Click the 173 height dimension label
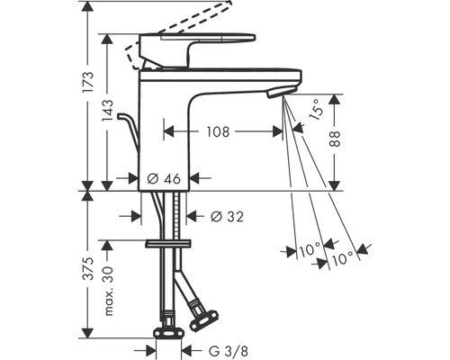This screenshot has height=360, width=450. (89, 82)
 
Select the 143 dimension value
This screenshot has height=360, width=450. (107, 112)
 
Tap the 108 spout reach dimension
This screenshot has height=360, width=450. (218, 131)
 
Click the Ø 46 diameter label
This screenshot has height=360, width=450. (164, 179)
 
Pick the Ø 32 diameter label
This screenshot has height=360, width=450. (227, 216)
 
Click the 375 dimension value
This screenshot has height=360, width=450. (89, 268)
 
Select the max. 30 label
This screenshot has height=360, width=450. (108, 291)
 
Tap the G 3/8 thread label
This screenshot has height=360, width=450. (229, 351)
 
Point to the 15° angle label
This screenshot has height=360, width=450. (316, 111)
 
